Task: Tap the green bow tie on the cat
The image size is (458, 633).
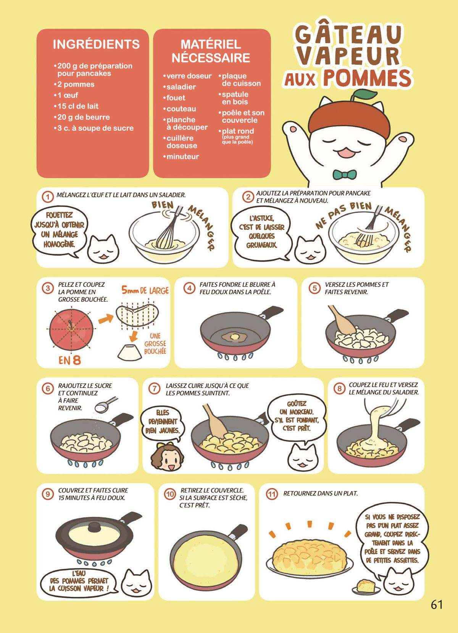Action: [x=345, y=175]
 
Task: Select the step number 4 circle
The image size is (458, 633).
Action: [x=189, y=288]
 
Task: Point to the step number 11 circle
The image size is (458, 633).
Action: [x=271, y=494]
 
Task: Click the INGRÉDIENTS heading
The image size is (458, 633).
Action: [x=96, y=44]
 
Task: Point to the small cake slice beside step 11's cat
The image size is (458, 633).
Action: [x=365, y=585]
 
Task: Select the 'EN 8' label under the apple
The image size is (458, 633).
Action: [x=69, y=360]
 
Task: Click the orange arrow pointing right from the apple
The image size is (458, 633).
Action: [x=106, y=319]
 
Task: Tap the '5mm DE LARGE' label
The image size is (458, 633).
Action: [x=145, y=290]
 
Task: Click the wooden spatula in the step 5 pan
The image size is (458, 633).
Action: [x=341, y=319]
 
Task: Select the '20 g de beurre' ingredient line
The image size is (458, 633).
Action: [x=82, y=117]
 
